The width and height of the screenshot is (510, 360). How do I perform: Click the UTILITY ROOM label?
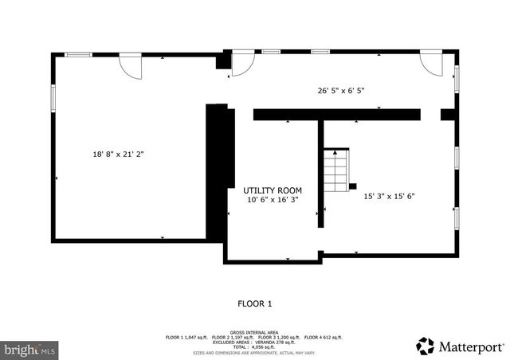coord(273,190)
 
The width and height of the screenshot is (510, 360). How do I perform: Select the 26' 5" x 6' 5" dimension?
coord(340,90)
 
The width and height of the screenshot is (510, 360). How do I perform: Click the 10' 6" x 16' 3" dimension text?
coord(273,200)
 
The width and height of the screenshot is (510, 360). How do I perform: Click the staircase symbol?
coord(336,168)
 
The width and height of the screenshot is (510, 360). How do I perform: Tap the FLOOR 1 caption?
coord(255,303)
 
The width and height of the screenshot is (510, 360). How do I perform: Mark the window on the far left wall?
coord(53,96)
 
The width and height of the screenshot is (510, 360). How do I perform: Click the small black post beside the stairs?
coord(352,185)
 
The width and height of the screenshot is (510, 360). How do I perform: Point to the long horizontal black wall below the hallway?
coord(336,115)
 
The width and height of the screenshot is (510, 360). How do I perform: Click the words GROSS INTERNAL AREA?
coord(255,331)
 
